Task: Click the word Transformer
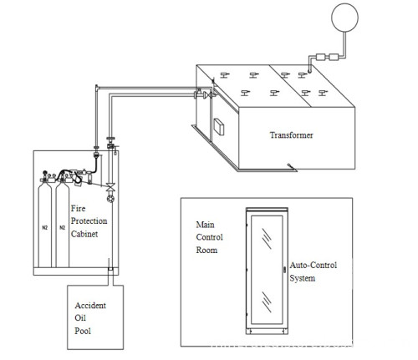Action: (291, 134)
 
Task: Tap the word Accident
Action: (89, 306)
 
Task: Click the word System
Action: (302, 278)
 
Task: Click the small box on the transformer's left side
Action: (222, 128)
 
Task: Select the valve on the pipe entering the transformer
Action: (198, 98)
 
